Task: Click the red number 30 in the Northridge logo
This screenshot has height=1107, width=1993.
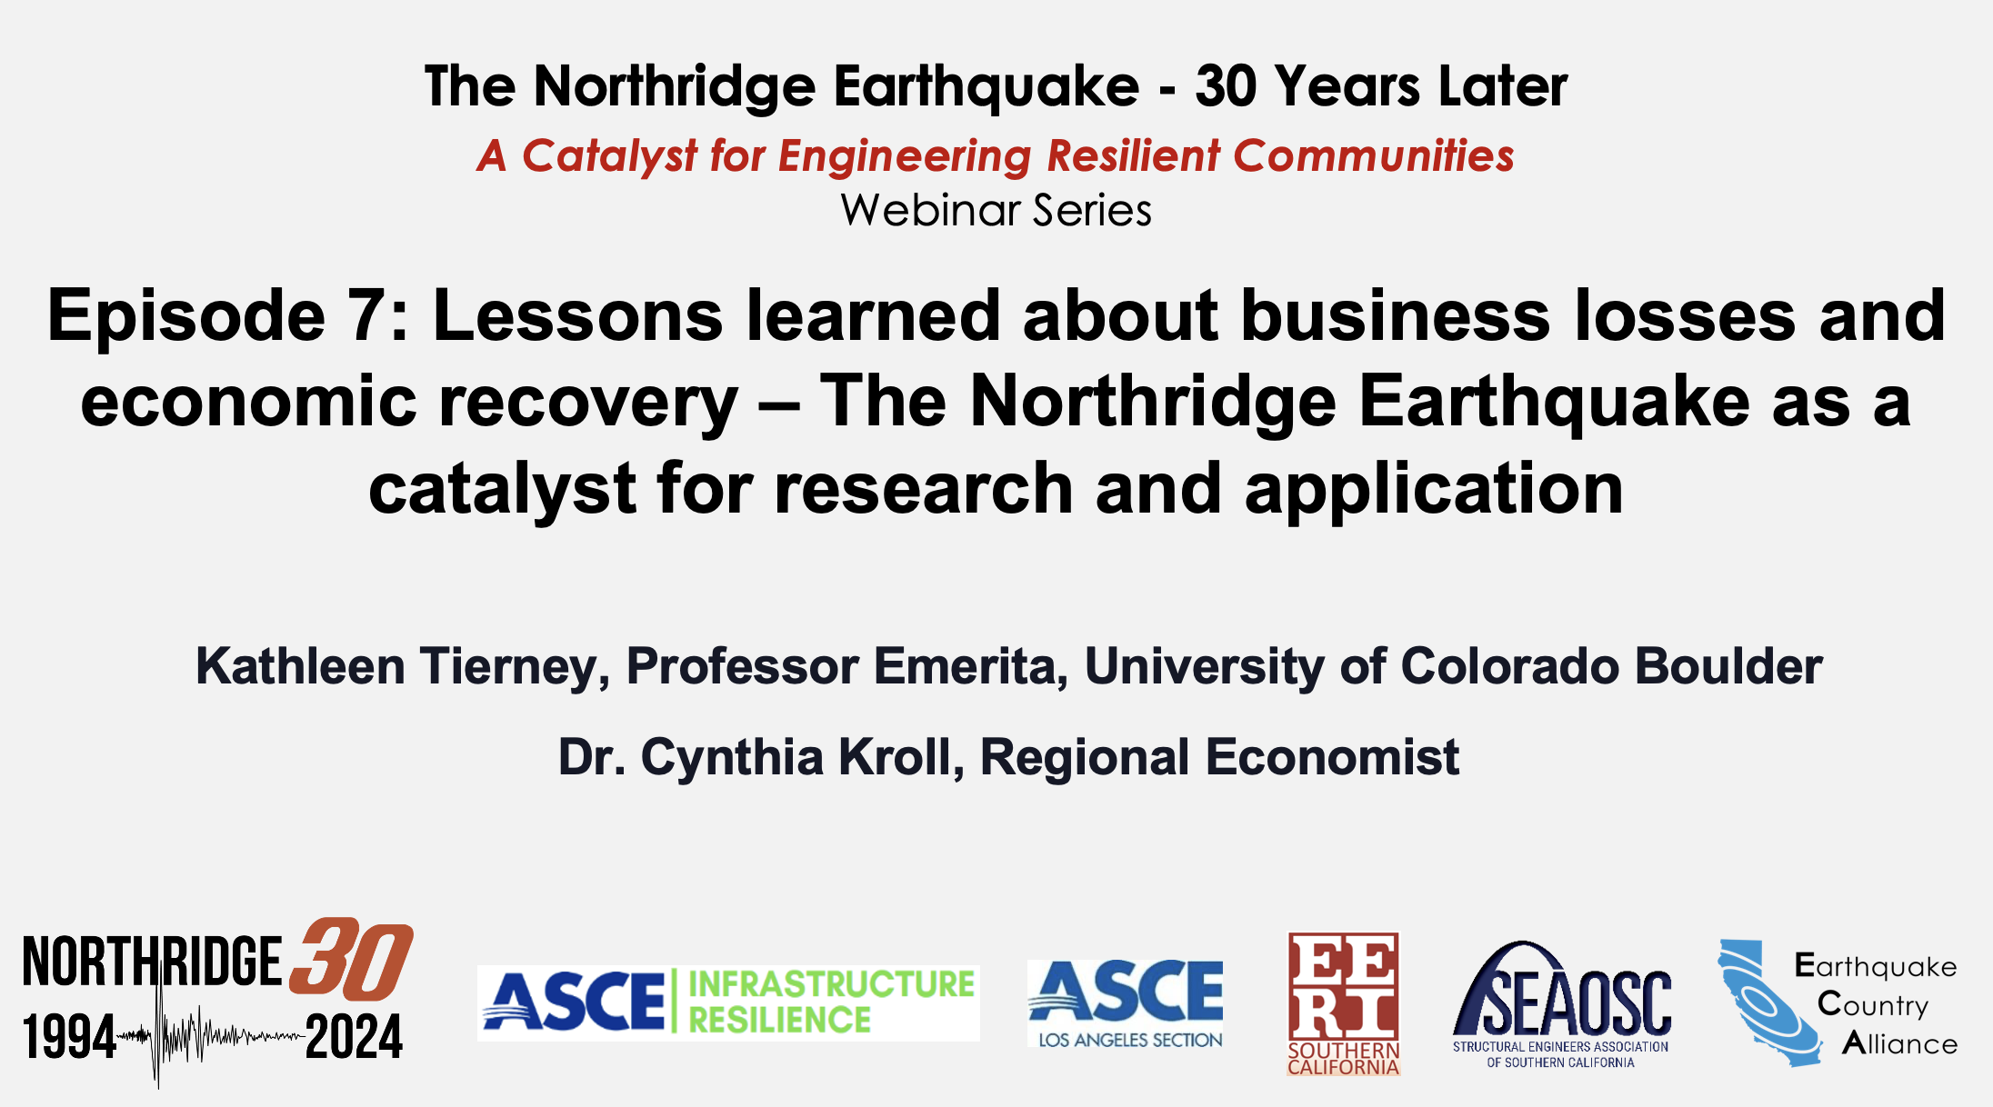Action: pos(351,959)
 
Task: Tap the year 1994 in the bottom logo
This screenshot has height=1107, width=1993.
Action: pos(70,1037)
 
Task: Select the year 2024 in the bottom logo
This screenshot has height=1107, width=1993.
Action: pos(354,1037)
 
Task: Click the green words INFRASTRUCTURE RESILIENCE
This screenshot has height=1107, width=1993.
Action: pos(831,1002)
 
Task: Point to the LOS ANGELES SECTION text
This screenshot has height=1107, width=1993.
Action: pos(1130,1040)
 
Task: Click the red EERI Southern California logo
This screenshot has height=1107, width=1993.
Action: pos(1343,1003)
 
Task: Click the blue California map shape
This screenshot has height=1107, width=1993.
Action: pos(1768,1003)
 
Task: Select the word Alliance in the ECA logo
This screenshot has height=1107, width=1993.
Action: pos(1899,1043)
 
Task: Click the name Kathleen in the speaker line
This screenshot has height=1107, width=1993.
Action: pos(300,666)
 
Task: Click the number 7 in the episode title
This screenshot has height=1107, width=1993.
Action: pos(367,316)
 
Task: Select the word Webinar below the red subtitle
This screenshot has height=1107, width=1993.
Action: pos(930,210)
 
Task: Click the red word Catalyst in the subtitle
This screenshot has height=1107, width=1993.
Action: pos(596,155)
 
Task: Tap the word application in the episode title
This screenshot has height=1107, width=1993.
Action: pos(1434,490)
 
